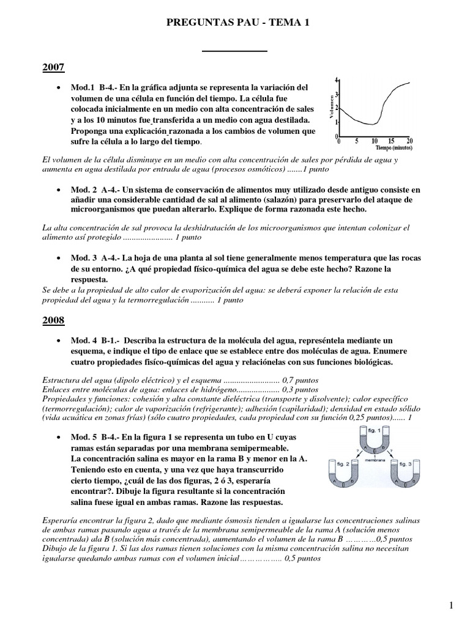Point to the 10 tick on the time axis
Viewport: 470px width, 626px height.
(x=374, y=140)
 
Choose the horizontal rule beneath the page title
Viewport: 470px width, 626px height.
(x=234, y=50)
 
